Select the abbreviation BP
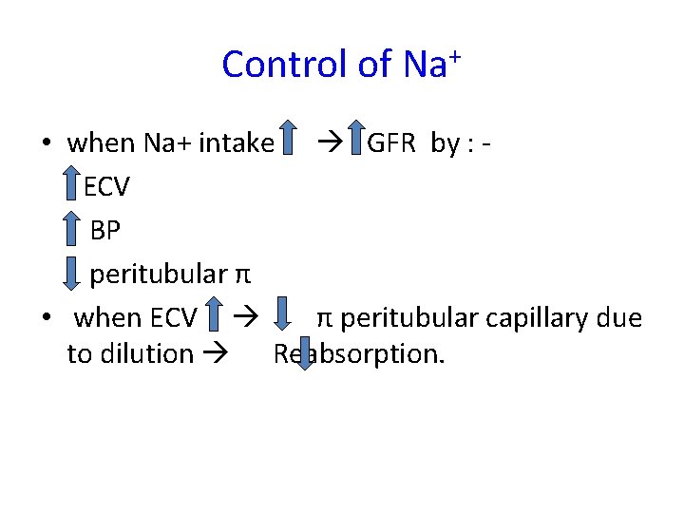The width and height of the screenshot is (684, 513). click(105, 231)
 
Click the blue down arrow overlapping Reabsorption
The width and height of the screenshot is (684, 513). click(298, 352)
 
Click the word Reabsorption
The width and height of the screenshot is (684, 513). click(359, 354)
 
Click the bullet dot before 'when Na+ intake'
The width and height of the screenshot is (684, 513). click(46, 144)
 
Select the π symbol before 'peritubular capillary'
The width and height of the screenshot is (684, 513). click(324, 317)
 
